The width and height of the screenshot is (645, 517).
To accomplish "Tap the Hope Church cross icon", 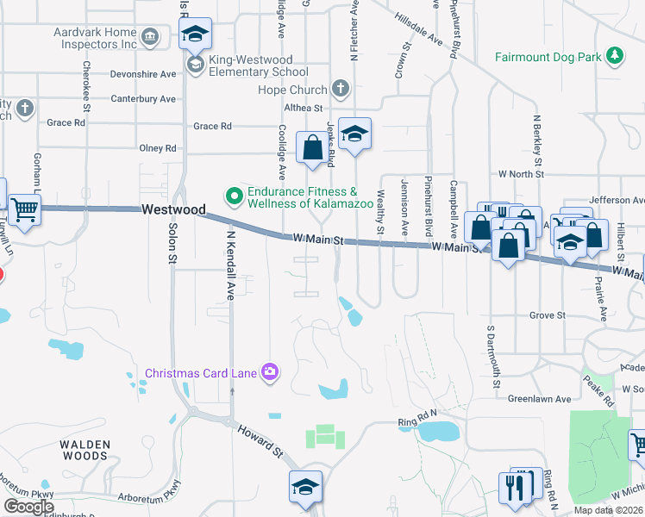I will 341,90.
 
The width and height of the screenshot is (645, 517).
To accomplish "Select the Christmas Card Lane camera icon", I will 271,372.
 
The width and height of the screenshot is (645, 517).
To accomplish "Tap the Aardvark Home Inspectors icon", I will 151,37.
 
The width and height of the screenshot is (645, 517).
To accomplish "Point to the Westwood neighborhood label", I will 173,209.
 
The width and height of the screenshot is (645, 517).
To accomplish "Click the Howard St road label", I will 260,438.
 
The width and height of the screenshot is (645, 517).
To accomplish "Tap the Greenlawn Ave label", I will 539,399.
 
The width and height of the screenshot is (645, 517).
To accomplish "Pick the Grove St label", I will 547,315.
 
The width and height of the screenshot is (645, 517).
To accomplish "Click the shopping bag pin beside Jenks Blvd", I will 311,147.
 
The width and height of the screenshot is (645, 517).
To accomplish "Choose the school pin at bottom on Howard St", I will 304,487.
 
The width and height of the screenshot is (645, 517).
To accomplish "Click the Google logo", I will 28,507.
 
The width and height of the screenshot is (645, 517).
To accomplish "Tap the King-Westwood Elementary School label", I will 258,72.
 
